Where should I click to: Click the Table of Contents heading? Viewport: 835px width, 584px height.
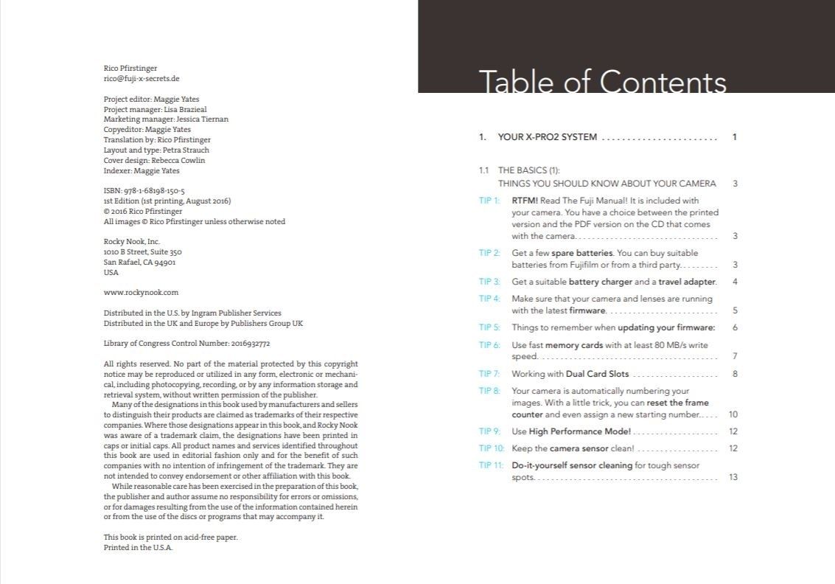coord(602,82)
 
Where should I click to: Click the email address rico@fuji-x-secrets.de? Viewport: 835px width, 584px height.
coord(142,78)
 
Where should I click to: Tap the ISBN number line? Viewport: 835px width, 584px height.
coord(144,190)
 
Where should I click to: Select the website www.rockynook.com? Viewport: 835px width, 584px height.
coord(141,292)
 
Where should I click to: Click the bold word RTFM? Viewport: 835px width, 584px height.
coord(525,201)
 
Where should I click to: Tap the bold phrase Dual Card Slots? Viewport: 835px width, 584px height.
coord(597,374)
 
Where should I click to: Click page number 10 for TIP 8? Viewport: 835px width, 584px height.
coord(733,415)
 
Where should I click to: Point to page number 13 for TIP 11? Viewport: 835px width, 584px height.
coord(733,477)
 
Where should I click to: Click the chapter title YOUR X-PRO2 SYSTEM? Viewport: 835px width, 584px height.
coord(548,137)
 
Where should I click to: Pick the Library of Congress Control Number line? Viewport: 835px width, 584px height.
coord(187,343)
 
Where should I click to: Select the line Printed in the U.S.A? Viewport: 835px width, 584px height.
coord(138,548)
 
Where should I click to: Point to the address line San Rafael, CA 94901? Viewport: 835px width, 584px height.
coord(139,262)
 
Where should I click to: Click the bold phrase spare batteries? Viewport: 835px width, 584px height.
coord(582,253)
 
